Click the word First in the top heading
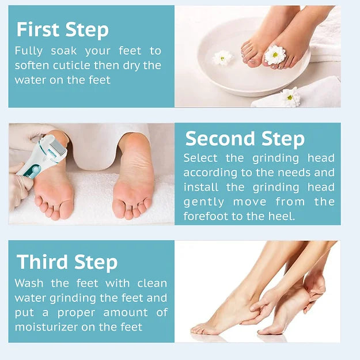pos(38,29)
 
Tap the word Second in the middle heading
pos(220,138)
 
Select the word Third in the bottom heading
pos(42,262)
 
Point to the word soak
pos(63,51)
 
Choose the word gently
pos(204,203)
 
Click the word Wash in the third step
pos(29,283)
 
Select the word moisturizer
pos(47,327)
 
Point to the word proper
pos(76,313)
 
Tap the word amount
pos(126,313)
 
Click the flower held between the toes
pos(275,55)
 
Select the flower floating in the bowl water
pos(222,58)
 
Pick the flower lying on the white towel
pos(290,97)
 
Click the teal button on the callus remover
pos(36,170)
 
